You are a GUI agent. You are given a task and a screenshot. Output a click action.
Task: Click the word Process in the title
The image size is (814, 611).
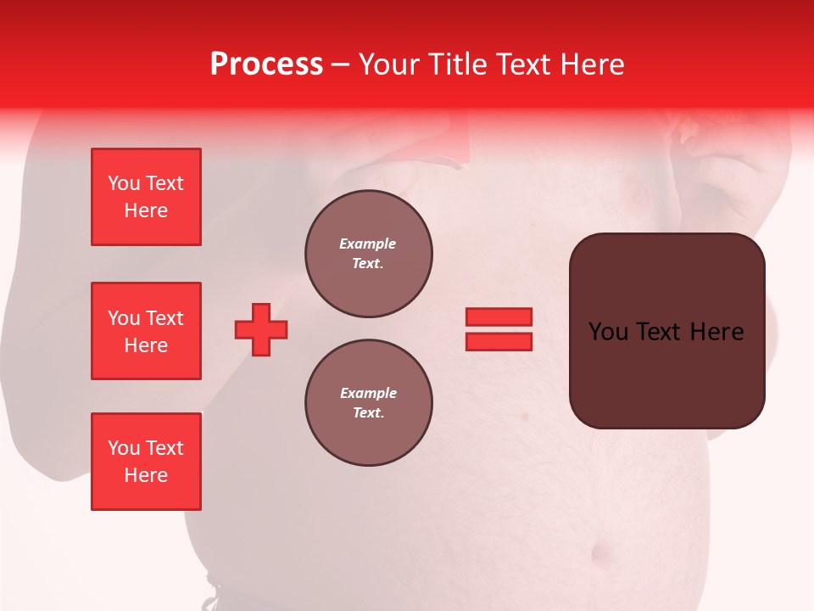266,64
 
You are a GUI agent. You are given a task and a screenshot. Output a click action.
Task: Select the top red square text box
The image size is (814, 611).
146,197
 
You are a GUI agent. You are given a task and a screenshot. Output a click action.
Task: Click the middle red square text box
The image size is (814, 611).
146,331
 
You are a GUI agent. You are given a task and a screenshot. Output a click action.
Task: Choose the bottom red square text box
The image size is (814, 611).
146,462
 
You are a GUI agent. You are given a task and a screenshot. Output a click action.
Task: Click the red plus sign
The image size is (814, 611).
261,329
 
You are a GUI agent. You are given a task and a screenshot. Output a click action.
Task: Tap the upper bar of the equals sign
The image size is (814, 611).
499,317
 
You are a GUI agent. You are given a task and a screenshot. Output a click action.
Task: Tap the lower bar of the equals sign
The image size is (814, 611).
499,342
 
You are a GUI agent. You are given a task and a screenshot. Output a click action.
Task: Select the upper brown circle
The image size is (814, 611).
369,254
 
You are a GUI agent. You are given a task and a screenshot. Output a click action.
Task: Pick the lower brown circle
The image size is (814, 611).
369,403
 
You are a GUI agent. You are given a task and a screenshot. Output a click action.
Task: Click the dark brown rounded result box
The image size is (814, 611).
666,373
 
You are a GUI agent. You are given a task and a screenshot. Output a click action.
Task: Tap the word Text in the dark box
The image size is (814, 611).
666,332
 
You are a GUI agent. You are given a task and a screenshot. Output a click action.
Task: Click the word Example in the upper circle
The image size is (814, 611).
367,244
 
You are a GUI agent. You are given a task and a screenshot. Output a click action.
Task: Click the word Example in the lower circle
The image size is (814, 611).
368,393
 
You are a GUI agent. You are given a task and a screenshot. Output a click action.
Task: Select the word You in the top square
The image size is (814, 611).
124,183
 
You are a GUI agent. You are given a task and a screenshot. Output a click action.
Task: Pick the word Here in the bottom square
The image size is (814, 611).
146,475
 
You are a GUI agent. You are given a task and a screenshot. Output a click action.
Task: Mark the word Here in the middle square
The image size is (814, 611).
146,345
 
